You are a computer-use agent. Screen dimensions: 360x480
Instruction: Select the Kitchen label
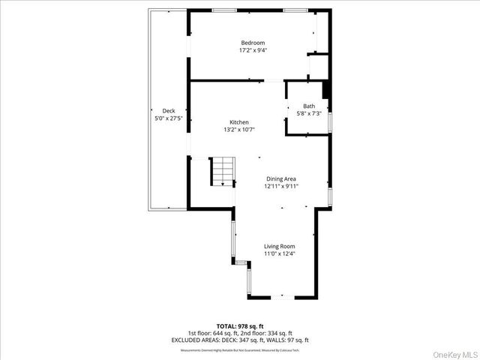[x=239, y=122]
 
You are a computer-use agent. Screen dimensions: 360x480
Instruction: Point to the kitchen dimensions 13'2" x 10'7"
[x=239, y=130]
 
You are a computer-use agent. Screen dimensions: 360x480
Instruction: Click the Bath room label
[x=309, y=106]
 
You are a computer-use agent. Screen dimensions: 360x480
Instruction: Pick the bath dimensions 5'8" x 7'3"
[x=309, y=114]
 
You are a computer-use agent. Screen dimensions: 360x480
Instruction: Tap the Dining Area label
[x=281, y=178]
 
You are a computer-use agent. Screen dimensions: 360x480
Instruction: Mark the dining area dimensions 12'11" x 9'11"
[x=281, y=187]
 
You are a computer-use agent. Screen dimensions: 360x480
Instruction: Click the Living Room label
[x=279, y=246]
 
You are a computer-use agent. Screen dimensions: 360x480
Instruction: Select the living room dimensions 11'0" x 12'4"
[x=279, y=254]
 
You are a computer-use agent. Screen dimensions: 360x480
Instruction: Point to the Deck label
[x=169, y=110]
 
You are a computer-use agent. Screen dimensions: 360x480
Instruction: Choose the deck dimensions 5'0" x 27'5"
[x=169, y=118]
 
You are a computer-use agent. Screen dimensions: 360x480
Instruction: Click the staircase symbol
[x=222, y=173]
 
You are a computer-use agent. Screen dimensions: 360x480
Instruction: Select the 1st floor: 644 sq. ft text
[x=213, y=333]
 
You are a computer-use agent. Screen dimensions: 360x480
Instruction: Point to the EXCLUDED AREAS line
[x=239, y=340]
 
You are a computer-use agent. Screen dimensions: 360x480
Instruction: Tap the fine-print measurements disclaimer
[x=239, y=349]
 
